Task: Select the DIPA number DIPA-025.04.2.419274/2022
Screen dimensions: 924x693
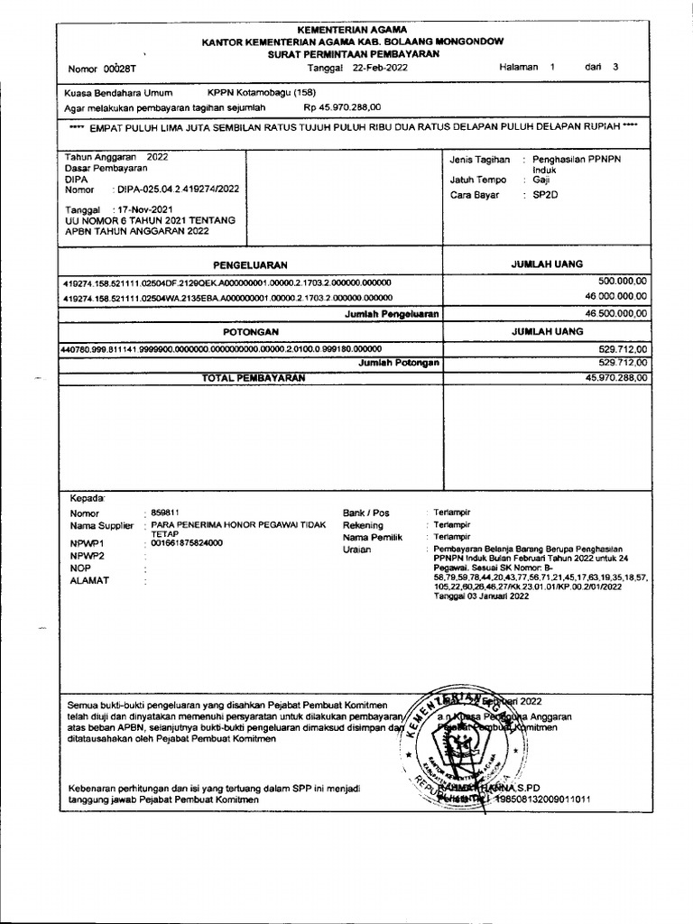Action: point(177,189)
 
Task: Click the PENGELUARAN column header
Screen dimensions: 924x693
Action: point(249,264)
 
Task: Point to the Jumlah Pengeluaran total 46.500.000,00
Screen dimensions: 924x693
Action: point(615,313)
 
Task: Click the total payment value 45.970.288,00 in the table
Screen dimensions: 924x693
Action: point(615,378)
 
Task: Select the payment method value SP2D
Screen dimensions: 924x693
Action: point(545,194)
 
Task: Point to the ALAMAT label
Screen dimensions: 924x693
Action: point(89,581)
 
